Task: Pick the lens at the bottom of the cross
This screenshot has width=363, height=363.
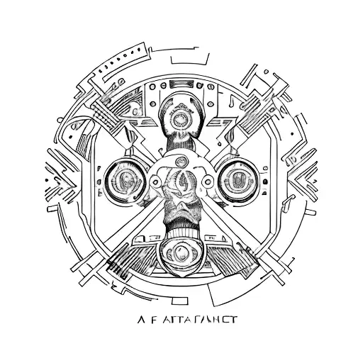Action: click(x=181, y=250)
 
